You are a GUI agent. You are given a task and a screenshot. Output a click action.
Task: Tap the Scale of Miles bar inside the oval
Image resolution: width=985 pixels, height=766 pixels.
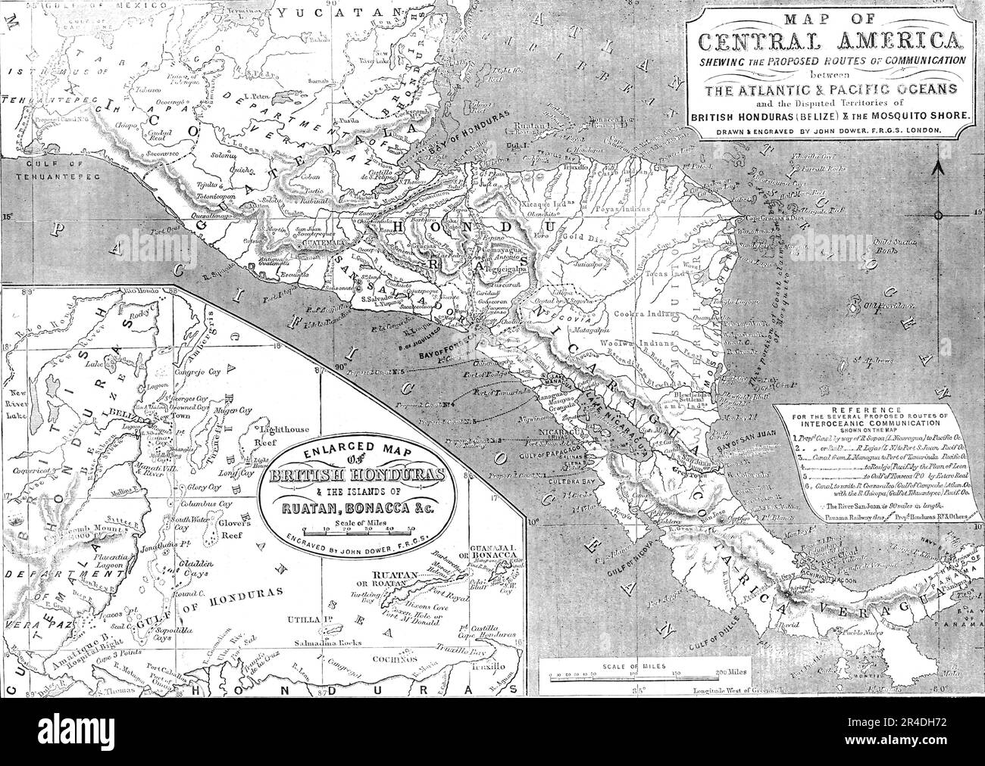click(354, 530)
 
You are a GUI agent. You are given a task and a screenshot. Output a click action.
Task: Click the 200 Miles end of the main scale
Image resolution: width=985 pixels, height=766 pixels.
click(714, 670)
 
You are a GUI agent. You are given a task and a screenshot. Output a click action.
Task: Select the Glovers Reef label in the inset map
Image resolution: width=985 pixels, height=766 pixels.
click(195, 531)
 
